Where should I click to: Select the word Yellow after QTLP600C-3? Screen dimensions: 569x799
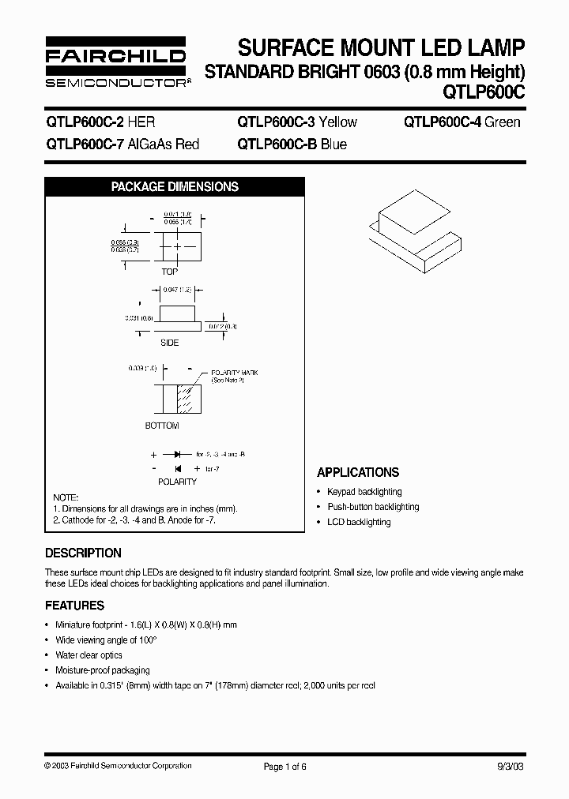(x=336, y=122)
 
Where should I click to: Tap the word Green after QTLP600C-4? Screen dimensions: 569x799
(x=502, y=122)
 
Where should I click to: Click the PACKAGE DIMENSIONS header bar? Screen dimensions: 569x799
(x=175, y=187)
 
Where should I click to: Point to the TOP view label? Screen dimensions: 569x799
(x=170, y=272)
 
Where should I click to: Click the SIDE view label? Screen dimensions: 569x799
(x=169, y=343)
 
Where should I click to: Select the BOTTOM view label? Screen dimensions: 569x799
(x=162, y=426)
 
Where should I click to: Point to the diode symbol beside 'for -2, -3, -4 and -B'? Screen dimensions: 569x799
(x=177, y=455)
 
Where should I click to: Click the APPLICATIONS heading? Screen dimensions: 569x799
(x=358, y=472)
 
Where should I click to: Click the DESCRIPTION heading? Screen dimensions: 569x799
(x=84, y=553)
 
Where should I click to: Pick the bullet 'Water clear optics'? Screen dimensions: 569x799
(x=89, y=655)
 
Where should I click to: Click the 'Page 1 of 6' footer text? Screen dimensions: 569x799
(x=284, y=766)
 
